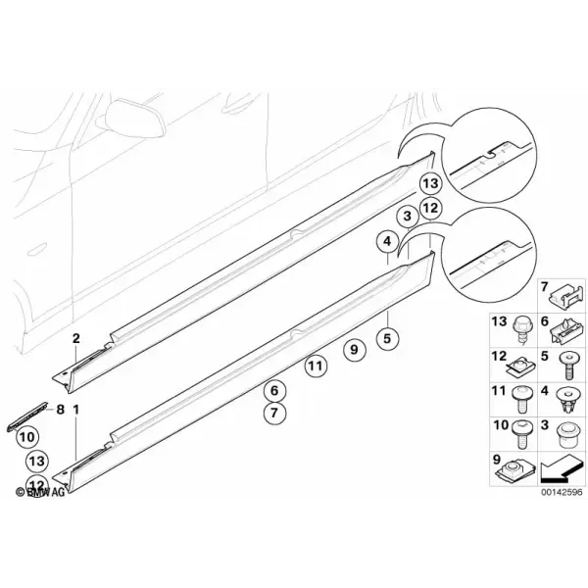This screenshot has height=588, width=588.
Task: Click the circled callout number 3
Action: point(408,216)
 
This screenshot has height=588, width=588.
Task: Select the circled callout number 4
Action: point(387,241)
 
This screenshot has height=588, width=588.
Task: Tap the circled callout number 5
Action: point(387,339)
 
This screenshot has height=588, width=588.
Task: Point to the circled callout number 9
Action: point(354,350)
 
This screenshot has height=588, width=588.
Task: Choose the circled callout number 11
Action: point(316,366)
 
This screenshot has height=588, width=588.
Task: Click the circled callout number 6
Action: point(274,391)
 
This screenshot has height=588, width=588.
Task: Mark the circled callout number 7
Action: point(274,413)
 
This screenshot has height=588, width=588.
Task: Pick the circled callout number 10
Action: point(27,437)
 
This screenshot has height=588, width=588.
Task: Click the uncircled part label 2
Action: point(76,338)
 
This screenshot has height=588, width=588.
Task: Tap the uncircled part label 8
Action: point(61,410)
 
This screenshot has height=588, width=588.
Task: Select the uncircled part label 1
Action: point(76,410)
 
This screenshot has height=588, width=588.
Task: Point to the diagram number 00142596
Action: point(562,492)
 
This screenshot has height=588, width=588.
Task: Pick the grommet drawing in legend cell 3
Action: point(566,435)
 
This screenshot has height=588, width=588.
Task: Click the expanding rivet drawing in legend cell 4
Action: point(566,401)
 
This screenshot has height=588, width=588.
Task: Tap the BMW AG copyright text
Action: point(40,492)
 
